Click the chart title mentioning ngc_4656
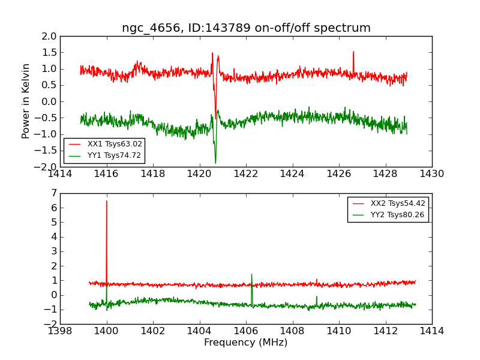246,28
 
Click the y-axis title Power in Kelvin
26,101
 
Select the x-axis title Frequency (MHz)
245,343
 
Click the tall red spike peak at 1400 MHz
107,201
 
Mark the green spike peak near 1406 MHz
251,274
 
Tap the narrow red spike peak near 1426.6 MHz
353,52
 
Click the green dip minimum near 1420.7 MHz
215,163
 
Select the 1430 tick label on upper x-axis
431,174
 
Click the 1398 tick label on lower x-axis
60,331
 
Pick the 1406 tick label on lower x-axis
245,331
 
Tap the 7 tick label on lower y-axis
53,193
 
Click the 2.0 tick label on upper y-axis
50,36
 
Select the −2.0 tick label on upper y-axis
47,167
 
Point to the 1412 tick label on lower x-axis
385,331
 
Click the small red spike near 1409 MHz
316,279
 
